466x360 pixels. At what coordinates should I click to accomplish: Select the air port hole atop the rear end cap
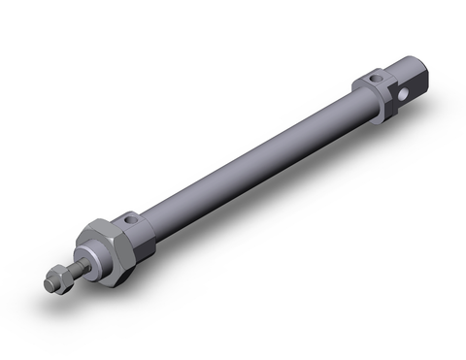[375, 75]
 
